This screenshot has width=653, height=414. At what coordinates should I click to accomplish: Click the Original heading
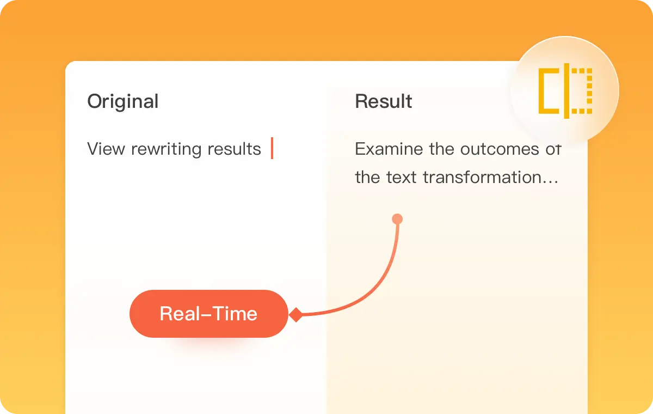123,102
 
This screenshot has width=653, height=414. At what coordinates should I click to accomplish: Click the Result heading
384,102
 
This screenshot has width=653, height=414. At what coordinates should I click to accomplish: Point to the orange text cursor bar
272,148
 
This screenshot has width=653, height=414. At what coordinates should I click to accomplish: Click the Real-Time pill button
208,314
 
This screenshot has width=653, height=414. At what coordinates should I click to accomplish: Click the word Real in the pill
180,314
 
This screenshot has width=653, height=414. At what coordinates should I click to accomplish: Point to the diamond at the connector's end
295,315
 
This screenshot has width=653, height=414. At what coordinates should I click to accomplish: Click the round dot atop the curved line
397,220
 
